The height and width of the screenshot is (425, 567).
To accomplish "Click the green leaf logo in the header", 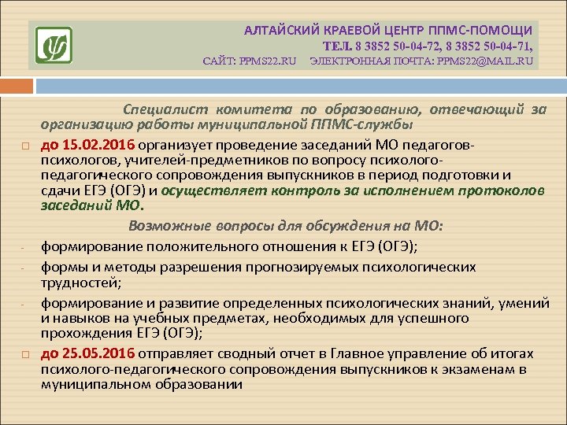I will pyautogui.click(x=54, y=45).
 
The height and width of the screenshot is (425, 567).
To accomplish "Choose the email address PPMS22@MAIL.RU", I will pyautogui.click(x=483, y=61).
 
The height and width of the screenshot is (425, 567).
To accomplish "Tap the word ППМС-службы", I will pyautogui.click(x=375, y=124).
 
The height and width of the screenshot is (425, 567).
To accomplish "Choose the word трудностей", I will pyautogui.click(x=77, y=282).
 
